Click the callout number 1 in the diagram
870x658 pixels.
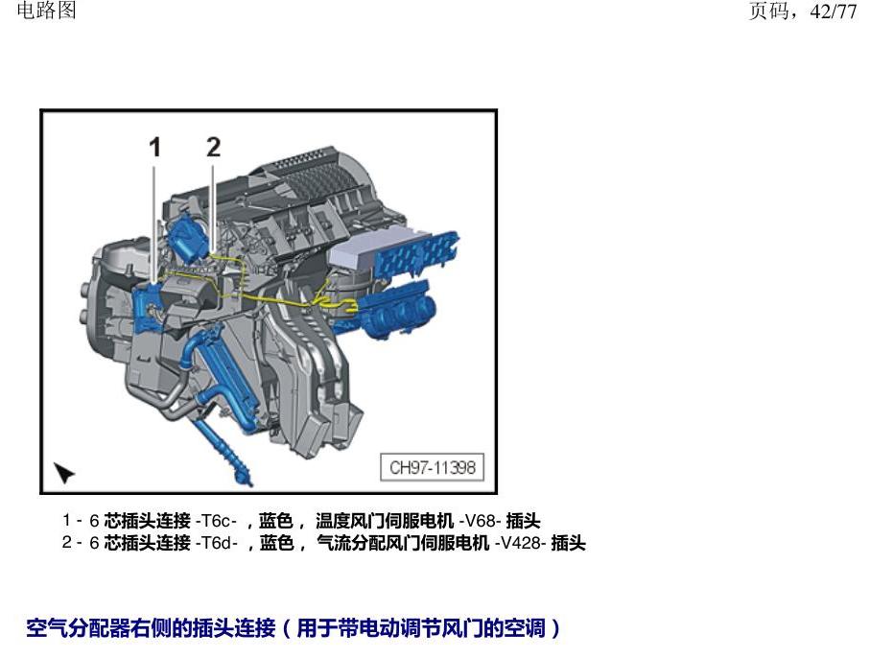[154, 147]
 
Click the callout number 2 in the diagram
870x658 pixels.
[213, 147]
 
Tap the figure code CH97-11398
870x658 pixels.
[433, 467]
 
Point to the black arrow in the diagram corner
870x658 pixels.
[64, 473]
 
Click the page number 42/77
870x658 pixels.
[833, 12]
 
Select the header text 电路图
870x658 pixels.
[47, 10]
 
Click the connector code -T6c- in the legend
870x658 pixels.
[217, 521]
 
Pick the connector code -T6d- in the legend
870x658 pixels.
[217, 543]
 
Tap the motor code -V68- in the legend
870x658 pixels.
[481, 521]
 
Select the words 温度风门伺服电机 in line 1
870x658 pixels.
[385, 521]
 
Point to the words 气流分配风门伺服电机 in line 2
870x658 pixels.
[403, 543]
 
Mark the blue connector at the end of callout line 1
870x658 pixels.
[148, 308]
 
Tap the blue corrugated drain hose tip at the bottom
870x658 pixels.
[243, 476]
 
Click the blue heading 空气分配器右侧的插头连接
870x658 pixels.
[151, 628]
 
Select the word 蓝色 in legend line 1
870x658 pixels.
[275, 521]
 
